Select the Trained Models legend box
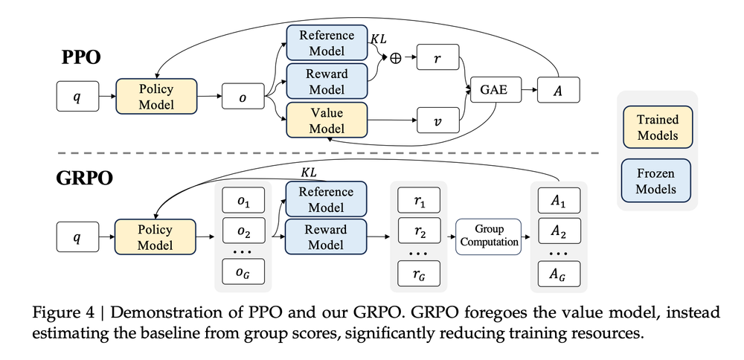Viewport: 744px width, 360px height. tap(657, 128)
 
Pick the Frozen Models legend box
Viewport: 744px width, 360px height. tap(657, 181)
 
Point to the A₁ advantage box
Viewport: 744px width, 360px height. tap(559, 200)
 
